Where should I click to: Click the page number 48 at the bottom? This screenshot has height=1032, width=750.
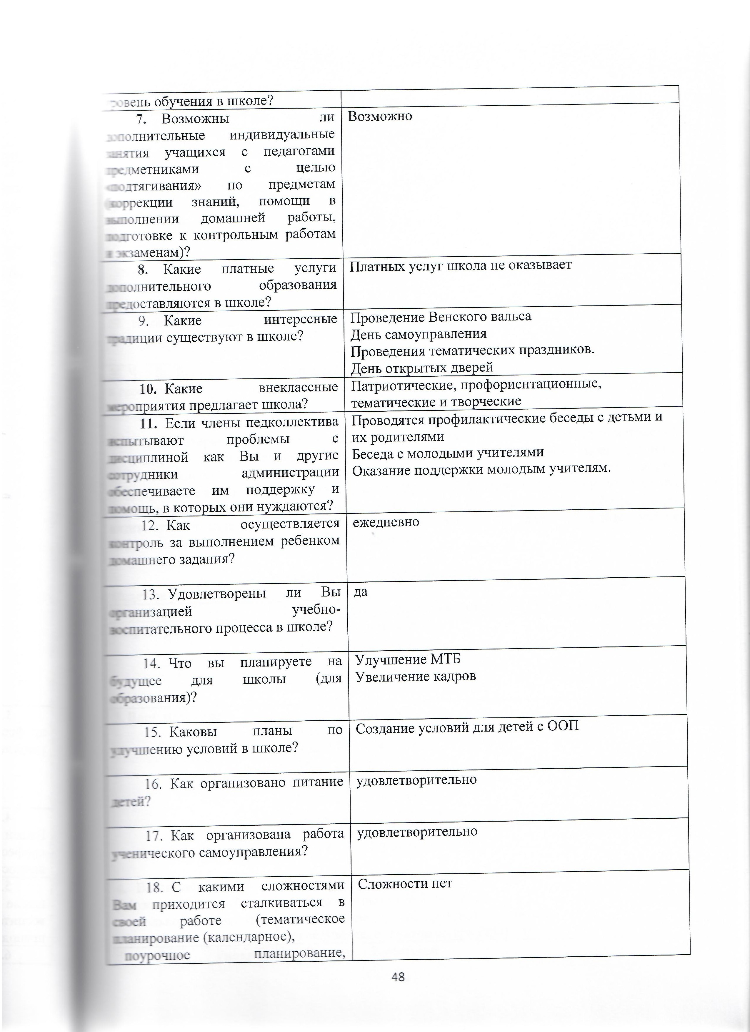pos(398,977)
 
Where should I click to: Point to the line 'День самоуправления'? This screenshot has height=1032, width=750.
pos(419,334)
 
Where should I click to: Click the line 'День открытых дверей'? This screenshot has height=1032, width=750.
pos(422,367)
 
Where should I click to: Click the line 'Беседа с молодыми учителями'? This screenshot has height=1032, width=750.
pos(448,453)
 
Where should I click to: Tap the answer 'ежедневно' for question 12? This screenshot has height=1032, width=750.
pos(386,522)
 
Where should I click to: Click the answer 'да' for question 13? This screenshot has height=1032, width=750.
pos(361,592)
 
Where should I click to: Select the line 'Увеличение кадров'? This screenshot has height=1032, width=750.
pos(415,677)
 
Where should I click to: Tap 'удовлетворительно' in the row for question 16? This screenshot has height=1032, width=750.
pos(416,780)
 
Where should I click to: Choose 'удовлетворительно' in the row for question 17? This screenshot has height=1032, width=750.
pos(417,832)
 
